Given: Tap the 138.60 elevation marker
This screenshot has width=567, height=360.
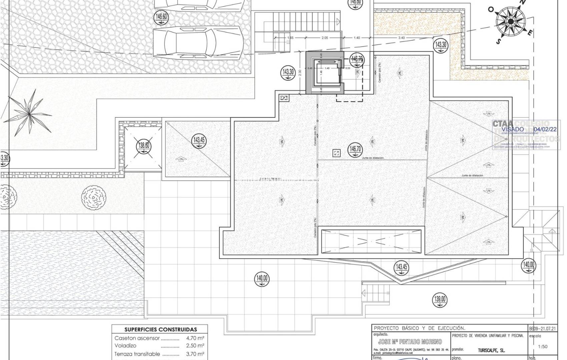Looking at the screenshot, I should (x=144, y=146).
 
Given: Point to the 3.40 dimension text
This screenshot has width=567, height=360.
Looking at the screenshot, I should (x=401, y=38).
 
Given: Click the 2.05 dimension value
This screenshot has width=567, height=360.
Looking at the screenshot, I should (x=325, y=38).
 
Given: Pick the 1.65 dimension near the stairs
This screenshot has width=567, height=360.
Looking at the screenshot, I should (x=290, y=38).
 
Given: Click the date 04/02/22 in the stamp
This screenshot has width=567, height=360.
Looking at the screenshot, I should (x=545, y=129).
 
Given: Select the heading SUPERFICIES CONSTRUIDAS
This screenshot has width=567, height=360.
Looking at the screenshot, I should (x=160, y=330).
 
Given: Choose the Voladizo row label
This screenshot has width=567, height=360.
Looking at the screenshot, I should (x=125, y=346).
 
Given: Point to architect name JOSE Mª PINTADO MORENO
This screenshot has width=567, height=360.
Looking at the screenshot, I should (x=410, y=342).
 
